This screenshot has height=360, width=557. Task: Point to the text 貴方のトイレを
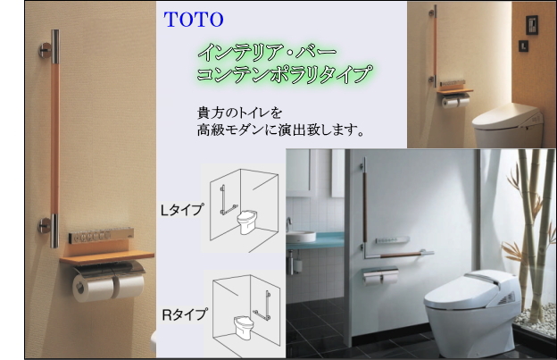[238, 114]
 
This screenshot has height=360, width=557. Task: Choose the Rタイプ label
[184, 314]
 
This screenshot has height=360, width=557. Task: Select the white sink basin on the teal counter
[303, 237]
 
